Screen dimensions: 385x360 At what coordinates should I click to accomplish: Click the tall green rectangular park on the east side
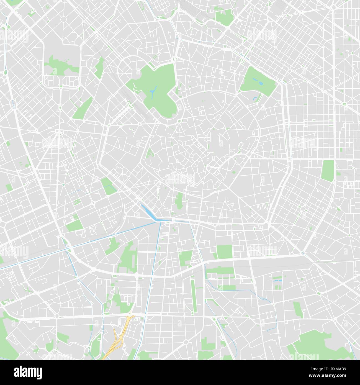[x=328, y=171]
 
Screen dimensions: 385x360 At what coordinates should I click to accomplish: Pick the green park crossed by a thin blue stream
[x=109, y=186]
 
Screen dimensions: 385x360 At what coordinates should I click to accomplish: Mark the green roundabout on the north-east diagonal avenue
[x=345, y=104]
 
